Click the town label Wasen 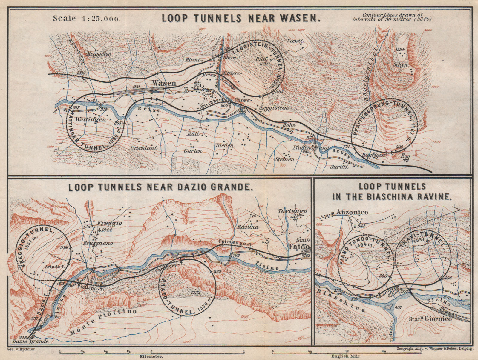(164, 83)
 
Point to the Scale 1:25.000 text (87, 18)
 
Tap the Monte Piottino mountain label (103, 322)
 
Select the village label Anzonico (352, 212)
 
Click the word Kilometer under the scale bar (152, 356)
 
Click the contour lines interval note (392, 17)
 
